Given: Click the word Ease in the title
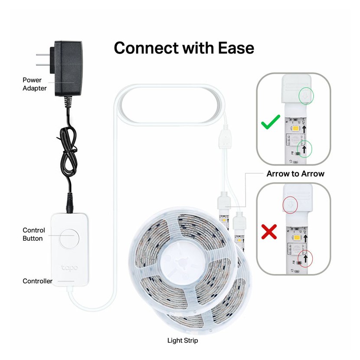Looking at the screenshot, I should click(x=232, y=48).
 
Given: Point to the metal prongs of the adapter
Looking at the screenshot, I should click(x=43, y=59).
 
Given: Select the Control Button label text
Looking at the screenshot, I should click(x=33, y=234).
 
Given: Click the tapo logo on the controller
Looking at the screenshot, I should click(x=69, y=268).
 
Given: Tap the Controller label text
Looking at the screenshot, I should click(x=37, y=281).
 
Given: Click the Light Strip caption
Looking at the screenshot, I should click(x=183, y=340).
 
